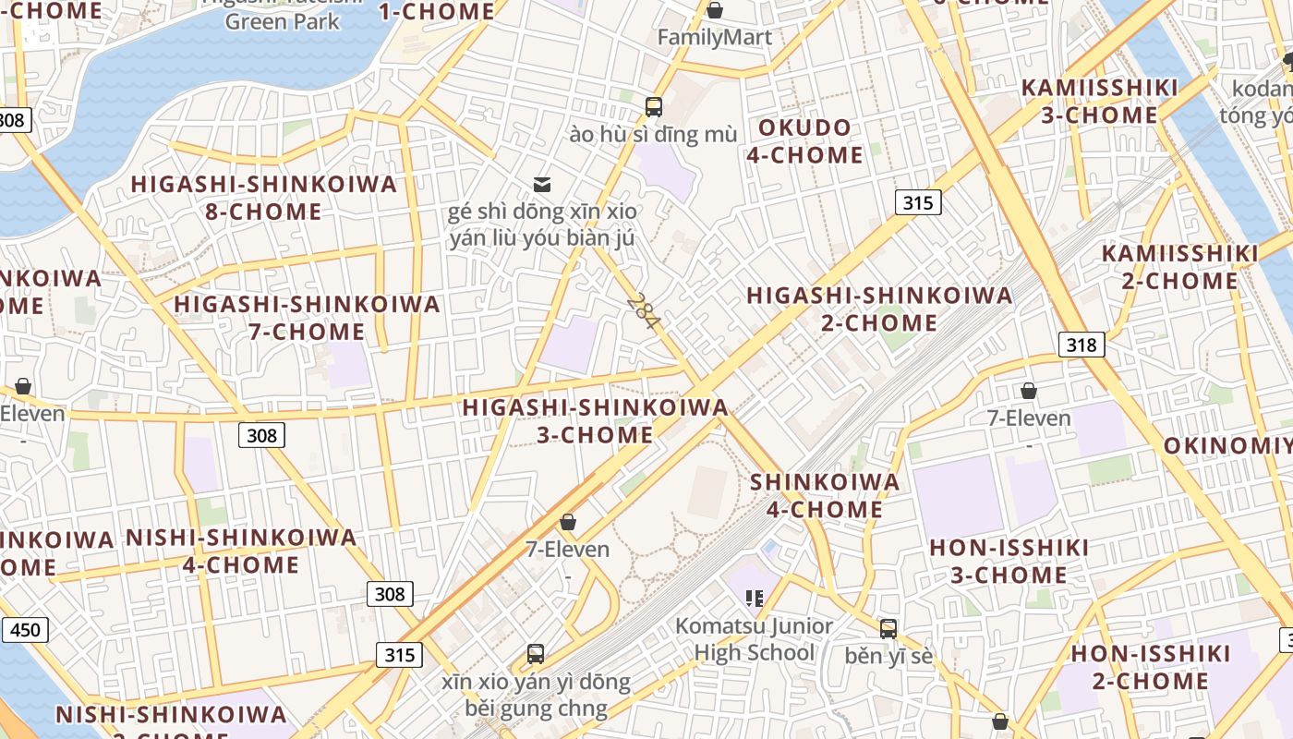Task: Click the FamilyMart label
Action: [x=714, y=38]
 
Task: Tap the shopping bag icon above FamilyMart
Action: [x=714, y=10]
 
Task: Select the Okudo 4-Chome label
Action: [x=804, y=141]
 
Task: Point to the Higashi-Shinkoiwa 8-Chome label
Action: [x=263, y=198]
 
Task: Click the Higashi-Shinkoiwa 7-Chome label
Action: [x=307, y=318]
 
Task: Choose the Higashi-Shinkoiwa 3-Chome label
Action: [x=595, y=420]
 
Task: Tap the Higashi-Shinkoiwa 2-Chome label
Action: [x=879, y=309]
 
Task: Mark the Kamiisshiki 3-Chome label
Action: [x=1099, y=102]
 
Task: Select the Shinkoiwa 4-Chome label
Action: [x=824, y=495]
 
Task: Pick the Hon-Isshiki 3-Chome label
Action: [x=1009, y=561]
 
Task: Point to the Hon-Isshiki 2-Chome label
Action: [x=1150, y=667]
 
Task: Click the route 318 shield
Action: [x=1081, y=345]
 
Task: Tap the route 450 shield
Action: [x=25, y=630]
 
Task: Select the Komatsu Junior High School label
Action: [x=754, y=639]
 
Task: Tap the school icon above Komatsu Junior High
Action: [x=755, y=599]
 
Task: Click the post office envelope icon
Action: [x=542, y=185]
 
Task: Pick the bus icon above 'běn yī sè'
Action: [x=888, y=629]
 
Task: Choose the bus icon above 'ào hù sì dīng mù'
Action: [x=654, y=106]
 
